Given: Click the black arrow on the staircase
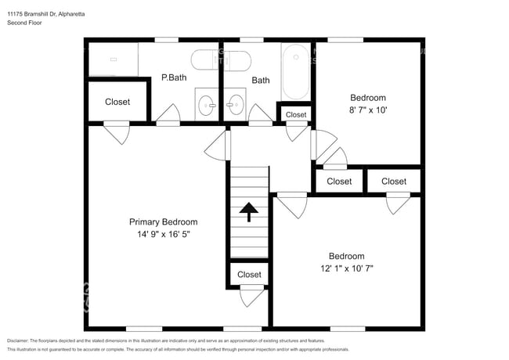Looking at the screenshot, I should pyautogui.click(x=249, y=212).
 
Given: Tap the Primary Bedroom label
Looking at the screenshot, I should pyautogui.click(x=163, y=222).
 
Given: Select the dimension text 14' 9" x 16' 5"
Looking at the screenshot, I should pyautogui.click(x=163, y=234).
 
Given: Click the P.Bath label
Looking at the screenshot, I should pyautogui.click(x=174, y=77).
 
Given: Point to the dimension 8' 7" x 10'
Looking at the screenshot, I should pyautogui.click(x=368, y=110).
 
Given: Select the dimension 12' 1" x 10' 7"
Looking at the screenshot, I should pyautogui.click(x=346, y=268).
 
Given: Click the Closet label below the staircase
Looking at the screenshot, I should pyautogui.click(x=249, y=275).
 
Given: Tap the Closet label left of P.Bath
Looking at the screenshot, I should pyautogui.click(x=117, y=102).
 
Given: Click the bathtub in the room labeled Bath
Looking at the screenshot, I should pyautogui.click(x=295, y=71).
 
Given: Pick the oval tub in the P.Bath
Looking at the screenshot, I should pyautogui.click(x=221, y=61).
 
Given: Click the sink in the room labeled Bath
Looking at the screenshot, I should pyautogui.click(x=235, y=103).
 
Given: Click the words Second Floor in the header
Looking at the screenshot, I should pyautogui.click(x=25, y=23).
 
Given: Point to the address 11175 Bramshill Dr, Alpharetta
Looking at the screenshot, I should pyautogui.click(x=46, y=13).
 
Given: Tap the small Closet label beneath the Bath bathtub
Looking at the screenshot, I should pyautogui.click(x=296, y=115).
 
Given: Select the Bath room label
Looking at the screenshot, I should pyautogui.click(x=261, y=80).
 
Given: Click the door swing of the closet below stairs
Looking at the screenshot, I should pyautogui.click(x=251, y=297).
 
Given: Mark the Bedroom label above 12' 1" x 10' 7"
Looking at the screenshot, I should pyautogui.click(x=346, y=256).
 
